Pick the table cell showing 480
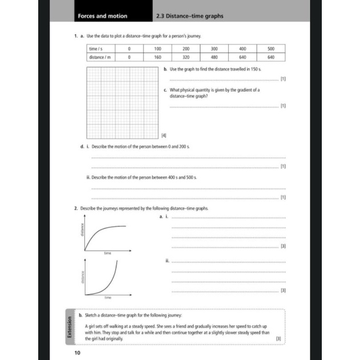[x=215, y=57]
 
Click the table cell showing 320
[x=186, y=57]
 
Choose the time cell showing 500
[x=271, y=50]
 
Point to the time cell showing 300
[x=215, y=50]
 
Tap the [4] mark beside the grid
[x=163, y=135]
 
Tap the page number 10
[x=78, y=353]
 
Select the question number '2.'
[x=76, y=209]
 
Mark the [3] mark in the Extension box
[x=278, y=338]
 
